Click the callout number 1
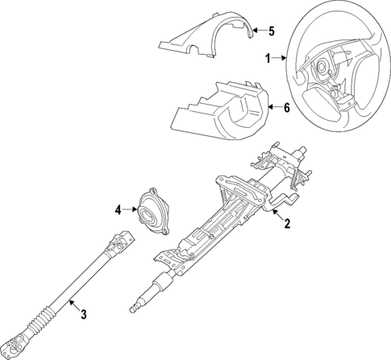pyautogui.click(x=268, y=58)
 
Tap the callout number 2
pyautogui.click(x=286, y=225)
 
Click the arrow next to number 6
pyautogui.click(x=273, y=107)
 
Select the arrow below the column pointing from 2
pyautogui.click(x=277, y=214)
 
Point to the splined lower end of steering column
pyautogui.click(x=137, y=306)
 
